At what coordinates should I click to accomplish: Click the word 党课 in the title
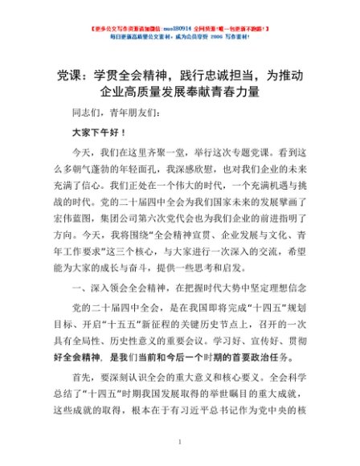pyautogui.click(x=72, y=76)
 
